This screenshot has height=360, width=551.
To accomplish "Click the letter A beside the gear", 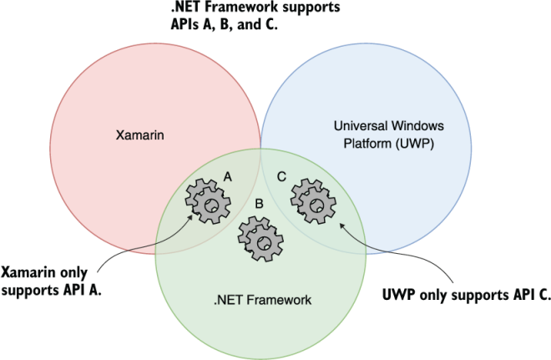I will click(228, 177).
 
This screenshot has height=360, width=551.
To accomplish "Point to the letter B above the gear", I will click(260, 203).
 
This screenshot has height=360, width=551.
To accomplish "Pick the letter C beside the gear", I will click(281, 177).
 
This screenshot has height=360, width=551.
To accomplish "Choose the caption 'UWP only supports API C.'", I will click(466, 294).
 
